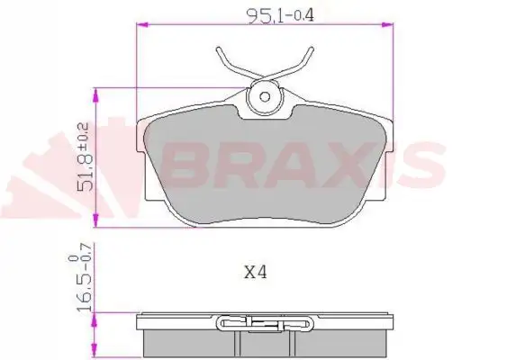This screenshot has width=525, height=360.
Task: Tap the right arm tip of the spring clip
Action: coord(311,49)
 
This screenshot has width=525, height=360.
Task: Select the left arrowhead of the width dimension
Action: coord(140,27)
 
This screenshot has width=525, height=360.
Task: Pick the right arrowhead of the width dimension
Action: coord(389,27)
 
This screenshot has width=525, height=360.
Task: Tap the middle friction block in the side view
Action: coord(266,341)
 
